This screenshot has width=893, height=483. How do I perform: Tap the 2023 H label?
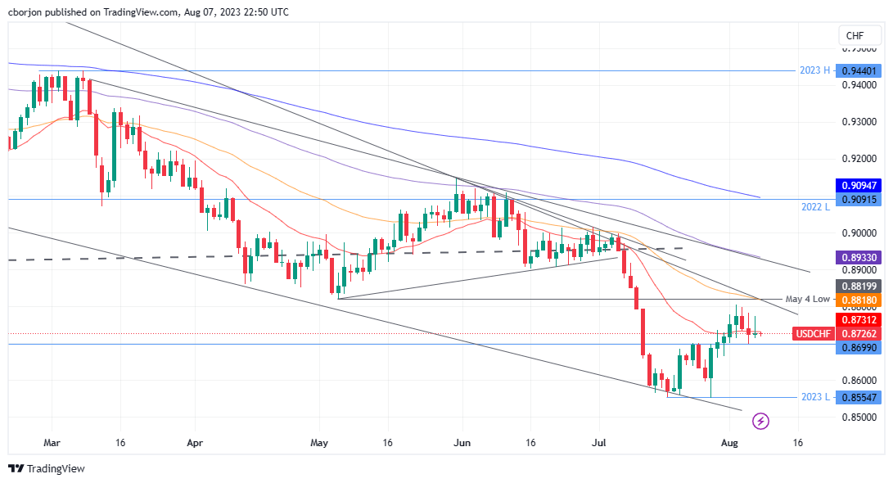(x=815, y=71)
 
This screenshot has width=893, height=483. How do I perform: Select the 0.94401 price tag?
(x=860, y=71)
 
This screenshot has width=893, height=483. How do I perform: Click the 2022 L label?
(x=816, y=207)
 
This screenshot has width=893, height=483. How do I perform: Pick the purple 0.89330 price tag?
(x=860, y=257)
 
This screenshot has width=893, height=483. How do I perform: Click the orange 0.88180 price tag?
(x=860, y=300)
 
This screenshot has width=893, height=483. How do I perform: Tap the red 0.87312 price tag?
(x=860, y=319)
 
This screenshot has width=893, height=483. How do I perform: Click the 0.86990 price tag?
(x=860, y=348)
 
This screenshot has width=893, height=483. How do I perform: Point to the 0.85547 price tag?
(x=860, y=398)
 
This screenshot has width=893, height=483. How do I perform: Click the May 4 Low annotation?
(x=807, y=300)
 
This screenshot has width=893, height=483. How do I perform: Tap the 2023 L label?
(x=815, y=398)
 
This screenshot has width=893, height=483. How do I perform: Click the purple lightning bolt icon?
(x=761, y=421)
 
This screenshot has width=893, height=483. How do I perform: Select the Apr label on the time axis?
(x=194, y=442)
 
